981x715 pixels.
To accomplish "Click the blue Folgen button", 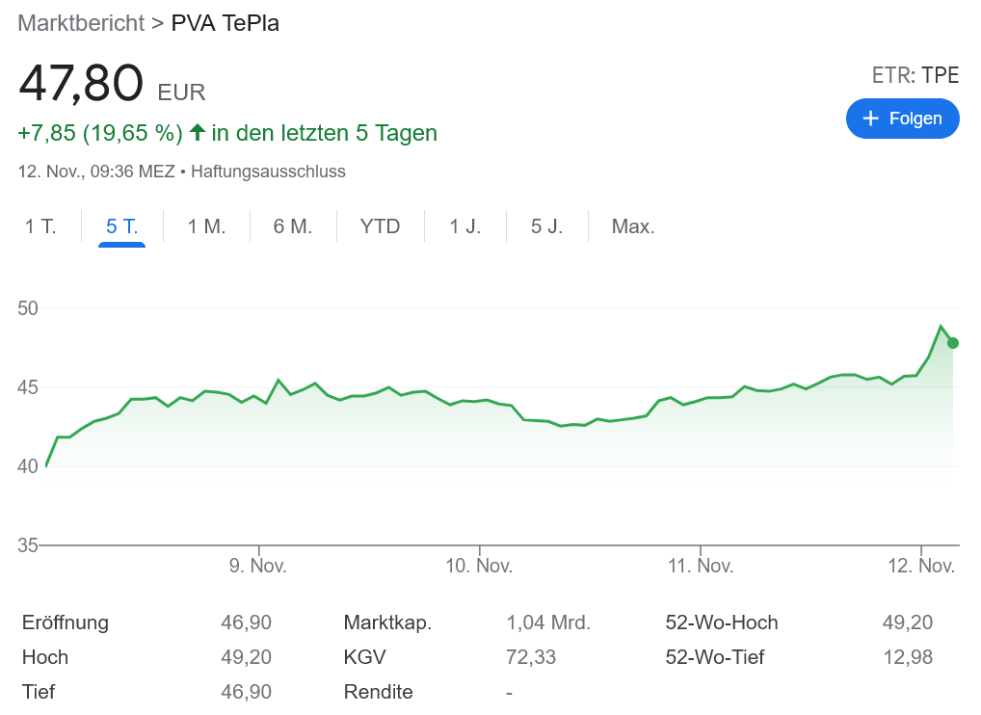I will (902, 119).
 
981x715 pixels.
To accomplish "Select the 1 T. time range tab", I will (40, 227).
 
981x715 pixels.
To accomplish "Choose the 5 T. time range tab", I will (122, 227).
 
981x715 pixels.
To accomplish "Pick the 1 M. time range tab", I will (206, 227).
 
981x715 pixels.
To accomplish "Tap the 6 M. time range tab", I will (293, 227).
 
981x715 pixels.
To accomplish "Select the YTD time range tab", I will (380, 227).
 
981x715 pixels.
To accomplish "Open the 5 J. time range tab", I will (546, 227).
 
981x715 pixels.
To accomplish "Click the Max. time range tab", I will (633, 227).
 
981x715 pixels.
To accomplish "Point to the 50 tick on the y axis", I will (27, 308).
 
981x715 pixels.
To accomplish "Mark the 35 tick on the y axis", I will (27, 545).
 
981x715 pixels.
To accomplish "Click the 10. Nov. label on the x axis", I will (479, 566).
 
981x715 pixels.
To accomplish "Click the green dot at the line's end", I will (953, 343).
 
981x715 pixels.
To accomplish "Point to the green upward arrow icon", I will (198, 132).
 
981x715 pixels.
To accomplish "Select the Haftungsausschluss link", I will (268, 172).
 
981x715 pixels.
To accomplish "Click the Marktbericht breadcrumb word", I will (81, 23).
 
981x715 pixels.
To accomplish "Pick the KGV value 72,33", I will (531, 657).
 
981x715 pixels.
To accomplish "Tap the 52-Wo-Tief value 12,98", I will (907, 657).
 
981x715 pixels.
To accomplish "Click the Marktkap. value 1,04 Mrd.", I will (548, 622).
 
